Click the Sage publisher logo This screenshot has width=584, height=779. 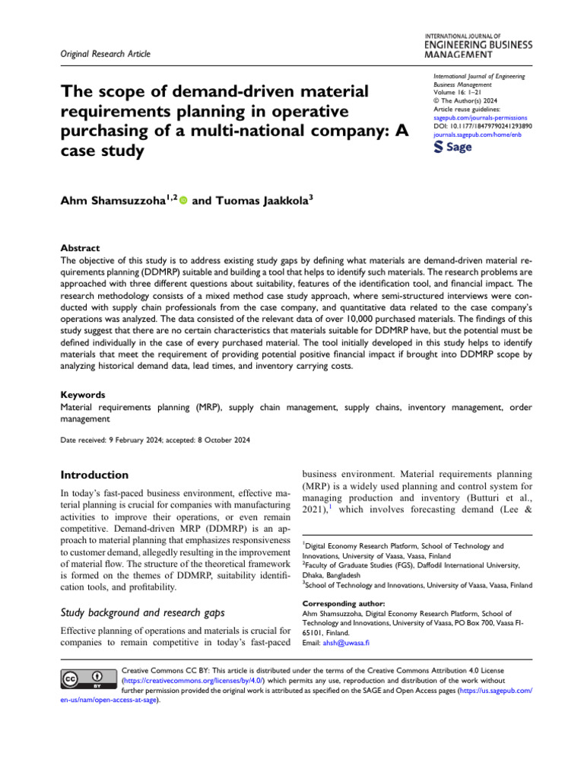click(452, 147)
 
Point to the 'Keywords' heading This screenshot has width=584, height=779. click(83, 396)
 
